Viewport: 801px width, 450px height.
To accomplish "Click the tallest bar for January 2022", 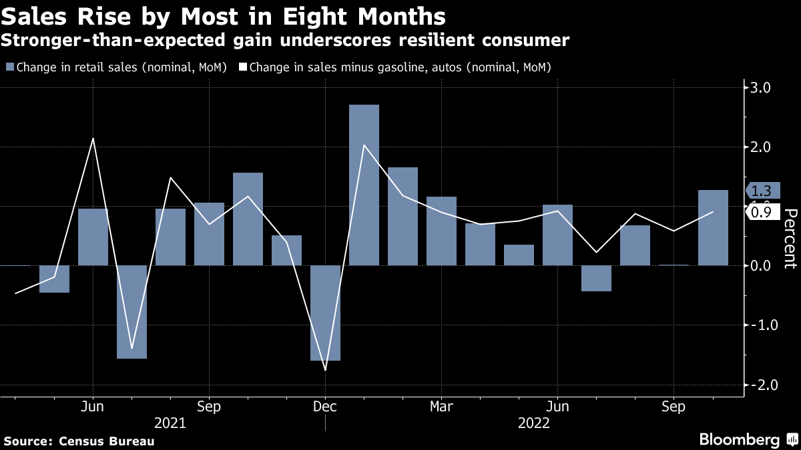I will [x=364, y=185].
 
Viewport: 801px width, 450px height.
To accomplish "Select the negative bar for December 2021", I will [x=325, y=313].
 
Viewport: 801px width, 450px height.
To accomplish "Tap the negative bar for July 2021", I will [x=131, y=311].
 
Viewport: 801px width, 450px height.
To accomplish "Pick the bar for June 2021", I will [x=93, y=237].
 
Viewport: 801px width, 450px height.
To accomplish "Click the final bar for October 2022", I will [x=713, y=227].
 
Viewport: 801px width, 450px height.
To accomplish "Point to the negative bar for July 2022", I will [x=596, y=278].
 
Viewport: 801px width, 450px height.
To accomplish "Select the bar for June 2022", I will [x=557, y=235].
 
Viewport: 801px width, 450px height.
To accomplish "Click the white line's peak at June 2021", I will [x=93, y=139].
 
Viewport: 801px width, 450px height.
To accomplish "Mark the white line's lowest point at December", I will [x=325, y=370].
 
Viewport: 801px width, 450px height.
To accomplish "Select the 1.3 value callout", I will [x=761, y=191].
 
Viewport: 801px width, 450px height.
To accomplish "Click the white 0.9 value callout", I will [x=761, y=213].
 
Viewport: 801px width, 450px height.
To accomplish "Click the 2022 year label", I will [x=533, y=423].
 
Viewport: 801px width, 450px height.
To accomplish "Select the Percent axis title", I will [x=790, y=238].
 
